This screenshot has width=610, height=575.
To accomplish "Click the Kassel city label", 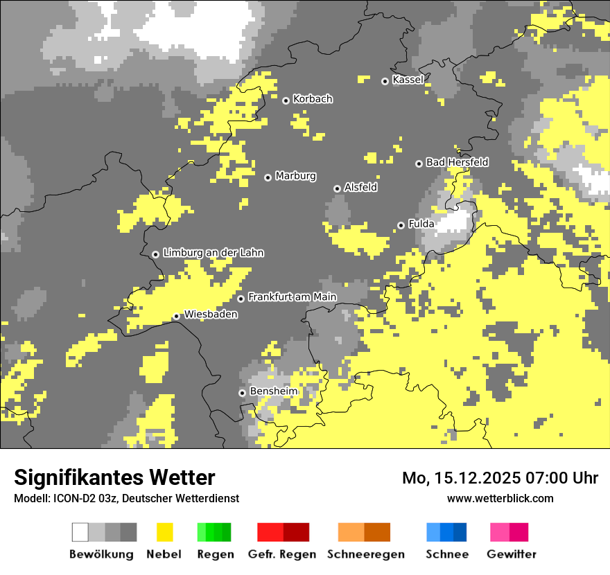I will click(408, 80).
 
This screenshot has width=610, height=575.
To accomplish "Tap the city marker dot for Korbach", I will click(286, 100).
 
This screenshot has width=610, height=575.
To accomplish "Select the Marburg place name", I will click(295, 176).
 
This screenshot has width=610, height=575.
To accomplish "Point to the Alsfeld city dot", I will click(337, 188).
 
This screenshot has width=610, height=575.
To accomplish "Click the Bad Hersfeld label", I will click(457, 162).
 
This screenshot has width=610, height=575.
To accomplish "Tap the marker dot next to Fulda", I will click(401, 225).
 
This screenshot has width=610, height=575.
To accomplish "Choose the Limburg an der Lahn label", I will click(213, 253).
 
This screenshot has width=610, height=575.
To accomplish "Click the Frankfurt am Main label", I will click(292, 297).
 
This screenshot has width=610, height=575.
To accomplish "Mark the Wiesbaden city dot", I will click(176, 317).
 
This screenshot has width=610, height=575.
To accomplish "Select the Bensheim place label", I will click(273, 391).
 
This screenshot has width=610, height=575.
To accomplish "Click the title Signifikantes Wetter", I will click(114, 477).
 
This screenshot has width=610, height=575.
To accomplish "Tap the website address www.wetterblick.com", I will click(500, 498).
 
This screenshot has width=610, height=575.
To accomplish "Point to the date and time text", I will click(500, 478).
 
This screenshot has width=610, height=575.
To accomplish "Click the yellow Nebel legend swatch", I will click(164, 532).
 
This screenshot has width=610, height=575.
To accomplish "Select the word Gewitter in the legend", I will click(511, 554).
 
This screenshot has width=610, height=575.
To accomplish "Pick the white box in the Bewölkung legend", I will click(80, 532).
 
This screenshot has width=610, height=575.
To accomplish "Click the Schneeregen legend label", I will click(365, 554).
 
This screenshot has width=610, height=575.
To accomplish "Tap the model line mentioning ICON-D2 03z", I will click(126, 498).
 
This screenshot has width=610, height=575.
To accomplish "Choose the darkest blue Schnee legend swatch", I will click(460, 532).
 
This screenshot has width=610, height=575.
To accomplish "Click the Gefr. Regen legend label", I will click(282, 554).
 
